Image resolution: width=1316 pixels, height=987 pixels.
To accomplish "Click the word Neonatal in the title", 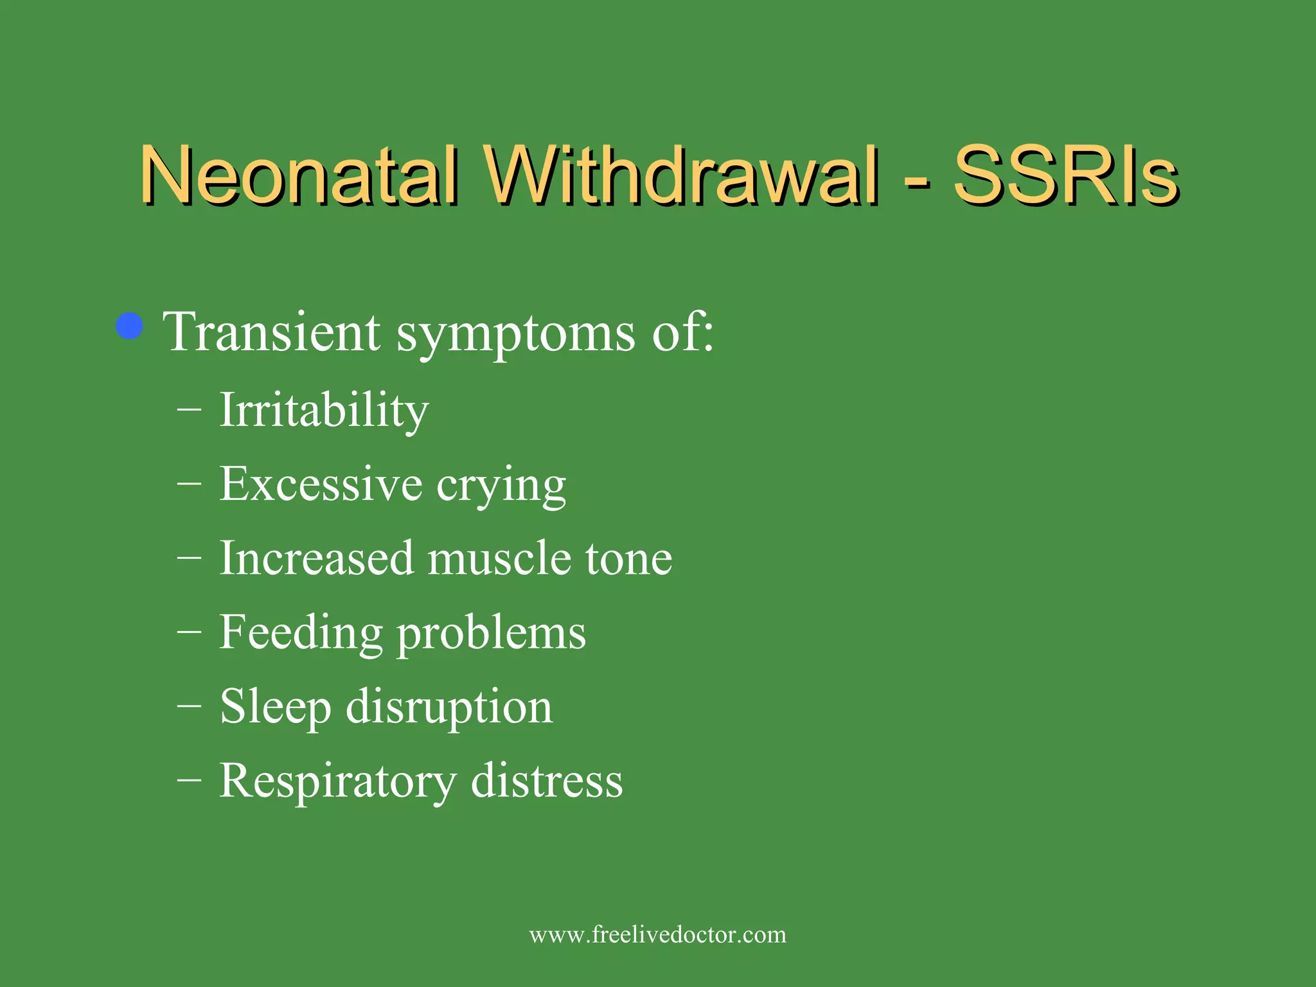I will (x=299, y=175).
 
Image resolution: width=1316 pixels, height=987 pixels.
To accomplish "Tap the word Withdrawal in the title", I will (x=680, y=175).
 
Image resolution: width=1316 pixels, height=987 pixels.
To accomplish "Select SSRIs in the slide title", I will (x=1065, y=175).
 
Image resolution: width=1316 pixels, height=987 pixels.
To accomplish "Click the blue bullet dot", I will (x=130, y=326).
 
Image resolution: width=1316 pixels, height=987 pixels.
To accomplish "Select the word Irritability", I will (x=324, y=410).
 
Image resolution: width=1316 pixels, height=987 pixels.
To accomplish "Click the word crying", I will (x=501, y=486).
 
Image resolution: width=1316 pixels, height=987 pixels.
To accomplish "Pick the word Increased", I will (x=316, y=558).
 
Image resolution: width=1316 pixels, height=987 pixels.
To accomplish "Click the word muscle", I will (x=499, y=558).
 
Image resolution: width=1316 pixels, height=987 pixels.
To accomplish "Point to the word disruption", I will (x=449, y=707).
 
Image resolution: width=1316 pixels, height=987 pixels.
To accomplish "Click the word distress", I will (x=547, y=781).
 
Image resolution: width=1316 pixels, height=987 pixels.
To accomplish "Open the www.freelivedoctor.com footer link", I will (x=657, y=934).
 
